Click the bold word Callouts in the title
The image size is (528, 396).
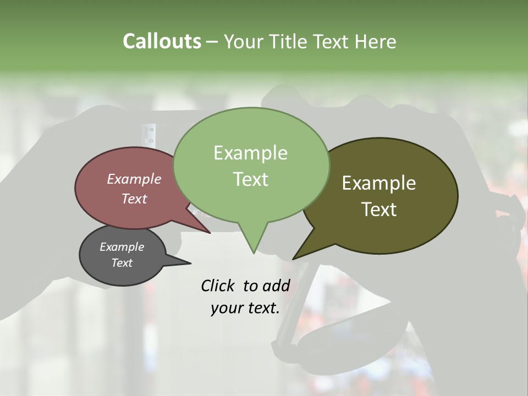tap(162, 41)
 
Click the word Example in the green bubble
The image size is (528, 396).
tap(251, 153)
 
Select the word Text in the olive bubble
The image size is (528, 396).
tap(380, 209)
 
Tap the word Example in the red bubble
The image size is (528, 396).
tap(134, 179)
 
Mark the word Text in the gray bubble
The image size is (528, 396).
tap(122, 263)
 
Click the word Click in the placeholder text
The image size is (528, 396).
tap(218, 285)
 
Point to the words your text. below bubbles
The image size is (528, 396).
tap(245, 308)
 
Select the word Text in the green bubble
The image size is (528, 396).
tap(251, 179)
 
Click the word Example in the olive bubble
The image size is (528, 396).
tap(379, 183)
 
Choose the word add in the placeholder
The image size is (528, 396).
tap(276, 285)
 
